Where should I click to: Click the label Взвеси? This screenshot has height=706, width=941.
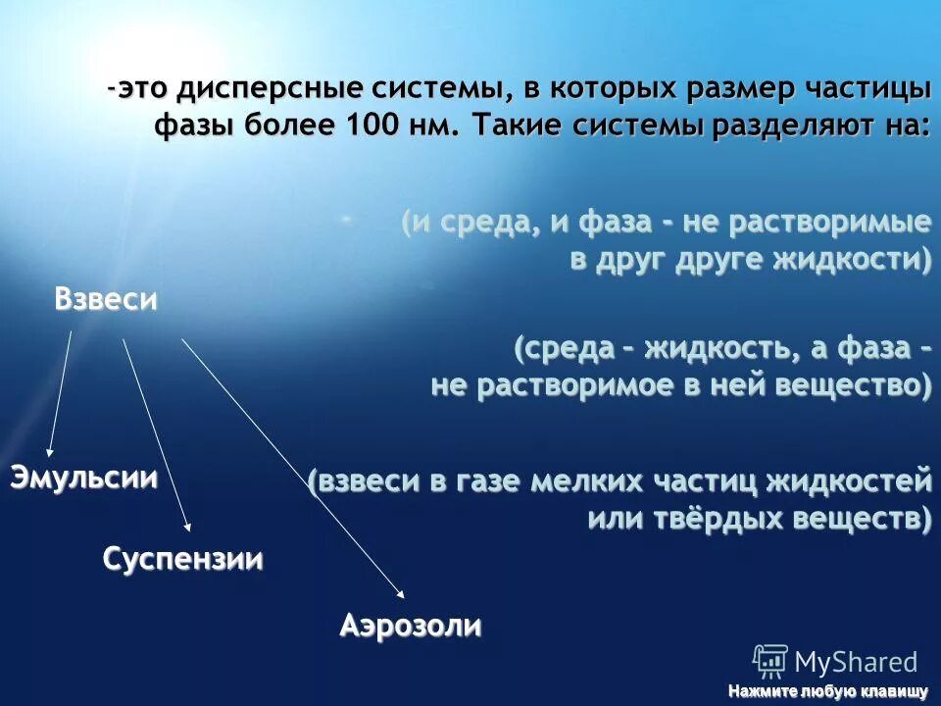click(106, 300)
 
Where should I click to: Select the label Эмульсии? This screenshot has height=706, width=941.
click(84, 479)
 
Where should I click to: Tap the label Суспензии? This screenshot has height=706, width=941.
click(183, 560)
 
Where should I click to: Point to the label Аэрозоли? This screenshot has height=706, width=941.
click(411, 626)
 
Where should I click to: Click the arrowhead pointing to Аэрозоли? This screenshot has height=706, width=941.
click(401, 592)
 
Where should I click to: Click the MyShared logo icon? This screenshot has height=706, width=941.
click(769, 660)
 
